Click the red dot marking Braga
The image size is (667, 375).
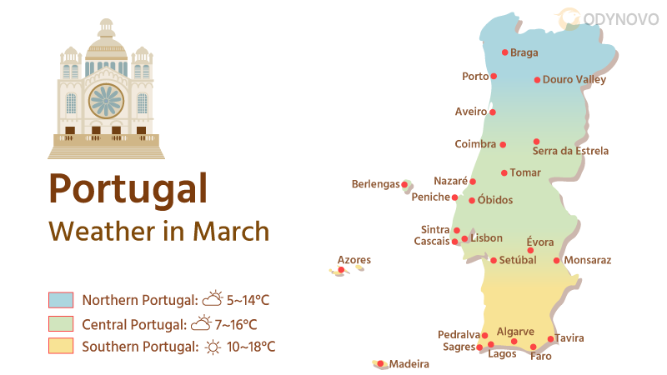point(504,52)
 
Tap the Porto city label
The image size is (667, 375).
point(475,77)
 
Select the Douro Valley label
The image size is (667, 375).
point(574,80)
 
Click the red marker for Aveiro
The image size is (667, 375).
point(493,112)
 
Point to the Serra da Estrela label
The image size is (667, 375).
point(570,152)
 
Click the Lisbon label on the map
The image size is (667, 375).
point(487,238)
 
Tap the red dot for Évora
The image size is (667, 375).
point(530,250)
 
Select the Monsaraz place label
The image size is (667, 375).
point(588,261)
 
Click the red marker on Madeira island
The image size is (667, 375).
point(380,363)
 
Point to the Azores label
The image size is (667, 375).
point(354,261)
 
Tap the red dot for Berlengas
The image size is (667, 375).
point(404,184)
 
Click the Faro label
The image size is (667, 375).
point(540,357)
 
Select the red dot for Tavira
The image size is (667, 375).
point(550,339)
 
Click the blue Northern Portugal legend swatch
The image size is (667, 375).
point(62,300)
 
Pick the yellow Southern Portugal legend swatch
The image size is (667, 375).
point(62,346)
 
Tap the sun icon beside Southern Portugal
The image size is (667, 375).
point(213,347)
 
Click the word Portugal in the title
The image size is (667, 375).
point(128,188)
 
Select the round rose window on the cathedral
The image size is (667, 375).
point(106,101)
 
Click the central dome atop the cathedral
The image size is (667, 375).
point(106,42)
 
